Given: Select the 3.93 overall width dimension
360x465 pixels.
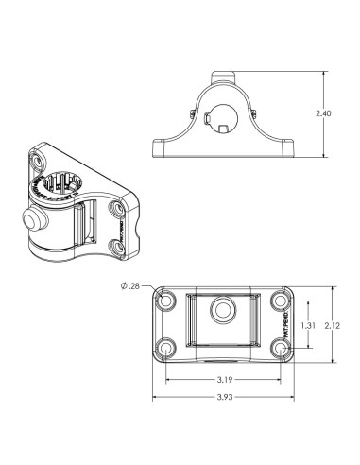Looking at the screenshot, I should coord(225,397).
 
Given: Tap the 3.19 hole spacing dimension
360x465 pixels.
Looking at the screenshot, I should coord(225,381).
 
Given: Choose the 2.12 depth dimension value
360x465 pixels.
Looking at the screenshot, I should coord(332,324).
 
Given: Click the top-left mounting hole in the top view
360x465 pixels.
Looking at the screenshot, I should coord(168,301).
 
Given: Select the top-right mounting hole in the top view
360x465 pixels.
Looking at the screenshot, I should coord(281,301).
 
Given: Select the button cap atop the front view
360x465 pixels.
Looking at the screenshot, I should coord(225,75).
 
